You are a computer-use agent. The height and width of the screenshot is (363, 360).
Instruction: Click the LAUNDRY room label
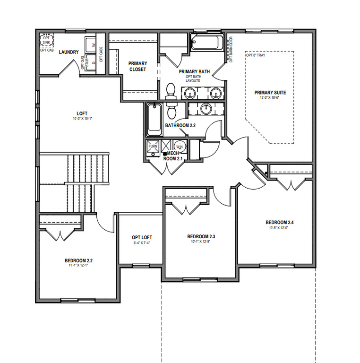(69, 52)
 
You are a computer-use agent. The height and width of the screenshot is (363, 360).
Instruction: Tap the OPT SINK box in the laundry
(46, 40)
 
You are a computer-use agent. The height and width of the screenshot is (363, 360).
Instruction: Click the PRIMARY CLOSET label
(137, 66)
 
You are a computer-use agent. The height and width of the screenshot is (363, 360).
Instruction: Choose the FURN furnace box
(153, 146)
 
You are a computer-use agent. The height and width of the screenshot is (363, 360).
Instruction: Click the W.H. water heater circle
(180, 146)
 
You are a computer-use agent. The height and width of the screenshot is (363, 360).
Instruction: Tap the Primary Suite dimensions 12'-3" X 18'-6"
(270, 98)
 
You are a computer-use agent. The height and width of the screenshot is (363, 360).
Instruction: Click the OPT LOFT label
(142, 237)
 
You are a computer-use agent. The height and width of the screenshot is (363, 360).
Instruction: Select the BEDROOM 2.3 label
(201, 236)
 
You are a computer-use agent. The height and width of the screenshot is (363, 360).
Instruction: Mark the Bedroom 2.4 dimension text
(276, 227)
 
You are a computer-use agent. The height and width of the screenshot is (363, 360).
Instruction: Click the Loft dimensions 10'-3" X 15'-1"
(82, 119)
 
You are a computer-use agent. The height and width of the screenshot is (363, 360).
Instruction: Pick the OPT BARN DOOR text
(231, 49)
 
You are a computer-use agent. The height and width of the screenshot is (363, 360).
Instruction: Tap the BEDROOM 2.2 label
(82, 260)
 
